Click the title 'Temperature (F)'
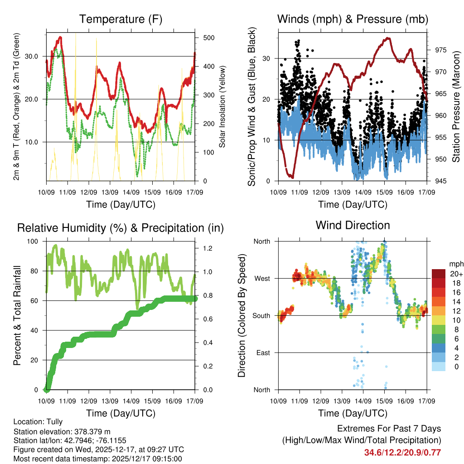tap(121, 19)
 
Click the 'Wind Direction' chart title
tap(353, 225)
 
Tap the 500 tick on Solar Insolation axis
tap(208, 38)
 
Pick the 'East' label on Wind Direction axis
tap(262, 353)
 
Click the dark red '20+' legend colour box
tap(439, 273)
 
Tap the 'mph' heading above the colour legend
tap(455, 264)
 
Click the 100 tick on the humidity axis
tap(34, 241)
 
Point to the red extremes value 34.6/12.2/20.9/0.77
tap(402, 452)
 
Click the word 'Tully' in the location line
tap(54, 421)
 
